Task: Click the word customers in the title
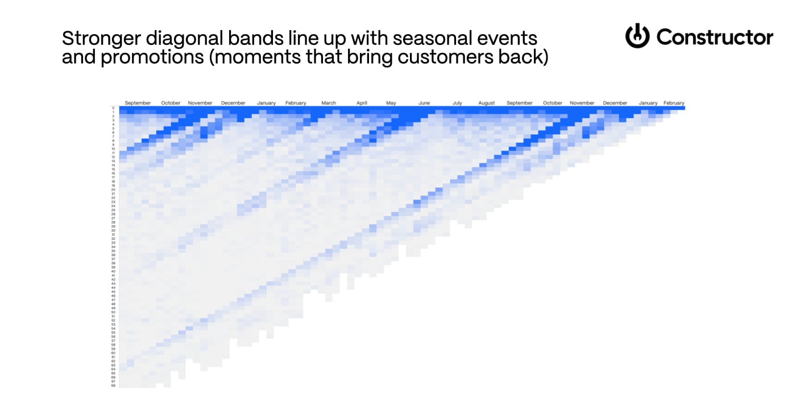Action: [441, 57]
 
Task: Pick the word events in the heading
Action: [509, 39]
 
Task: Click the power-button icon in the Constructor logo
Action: [637, 36]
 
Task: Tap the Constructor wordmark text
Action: [715, 38]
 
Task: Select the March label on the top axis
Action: [329, 103]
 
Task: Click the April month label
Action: [362, 103]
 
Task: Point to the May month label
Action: [391, 103]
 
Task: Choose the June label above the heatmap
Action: [424, 103]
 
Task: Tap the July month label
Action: [457, 103]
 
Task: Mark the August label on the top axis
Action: [487, 103]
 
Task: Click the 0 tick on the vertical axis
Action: [114, 108]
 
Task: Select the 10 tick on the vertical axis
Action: [114, 149]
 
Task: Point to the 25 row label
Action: [114, 210]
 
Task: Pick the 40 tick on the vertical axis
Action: [114, 271]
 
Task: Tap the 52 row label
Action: [114, 320]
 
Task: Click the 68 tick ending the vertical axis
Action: [114, 385]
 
